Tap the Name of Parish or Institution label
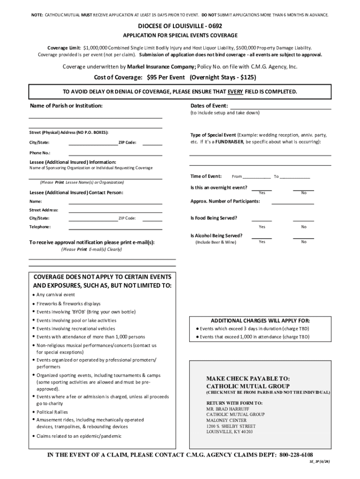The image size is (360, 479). (66, 106)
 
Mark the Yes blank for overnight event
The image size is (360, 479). (262, 189)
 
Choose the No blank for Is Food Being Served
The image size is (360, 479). (303, 220)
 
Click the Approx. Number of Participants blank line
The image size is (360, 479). (293, 203)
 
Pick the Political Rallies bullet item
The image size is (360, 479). (52, 412)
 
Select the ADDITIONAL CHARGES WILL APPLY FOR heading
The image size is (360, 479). (260, 321)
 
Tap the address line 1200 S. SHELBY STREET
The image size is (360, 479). (231, 426)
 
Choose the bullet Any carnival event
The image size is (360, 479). (56, 295)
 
